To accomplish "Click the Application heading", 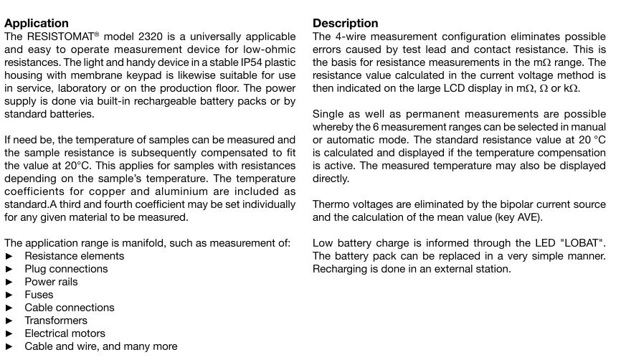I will pyautogui.click(x=37, y=23).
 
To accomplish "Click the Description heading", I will pyautogui.click(x=345, y=23).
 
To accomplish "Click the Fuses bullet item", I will pyautogui.click(x=39, y=295).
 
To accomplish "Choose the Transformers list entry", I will pyautogui.click(x=56, y=321).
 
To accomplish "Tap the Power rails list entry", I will pyautogui.click(x=51, y=282).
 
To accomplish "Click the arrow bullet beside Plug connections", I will pyautogui.click(x=9, y=269).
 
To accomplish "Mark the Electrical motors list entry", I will pyautogui.click(x=65, y=333).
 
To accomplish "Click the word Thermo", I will pyautogui.click(x=331, y=204).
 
